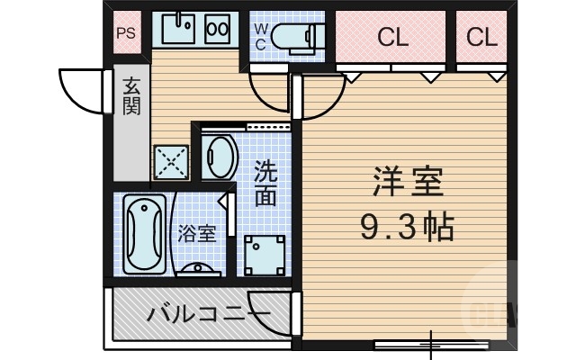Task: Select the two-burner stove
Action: tap(219, 29)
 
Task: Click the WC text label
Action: tap(260, 37)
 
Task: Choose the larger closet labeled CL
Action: tap(393, 38)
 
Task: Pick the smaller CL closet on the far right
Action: tap(482, 38)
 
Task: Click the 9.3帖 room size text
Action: tap(407, 225)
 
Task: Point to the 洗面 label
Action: tap(265, 183)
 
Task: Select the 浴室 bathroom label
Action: tap(196, 234)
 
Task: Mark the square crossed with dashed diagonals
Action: tap(170, 162)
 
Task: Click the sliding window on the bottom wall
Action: tap(431, 343)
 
